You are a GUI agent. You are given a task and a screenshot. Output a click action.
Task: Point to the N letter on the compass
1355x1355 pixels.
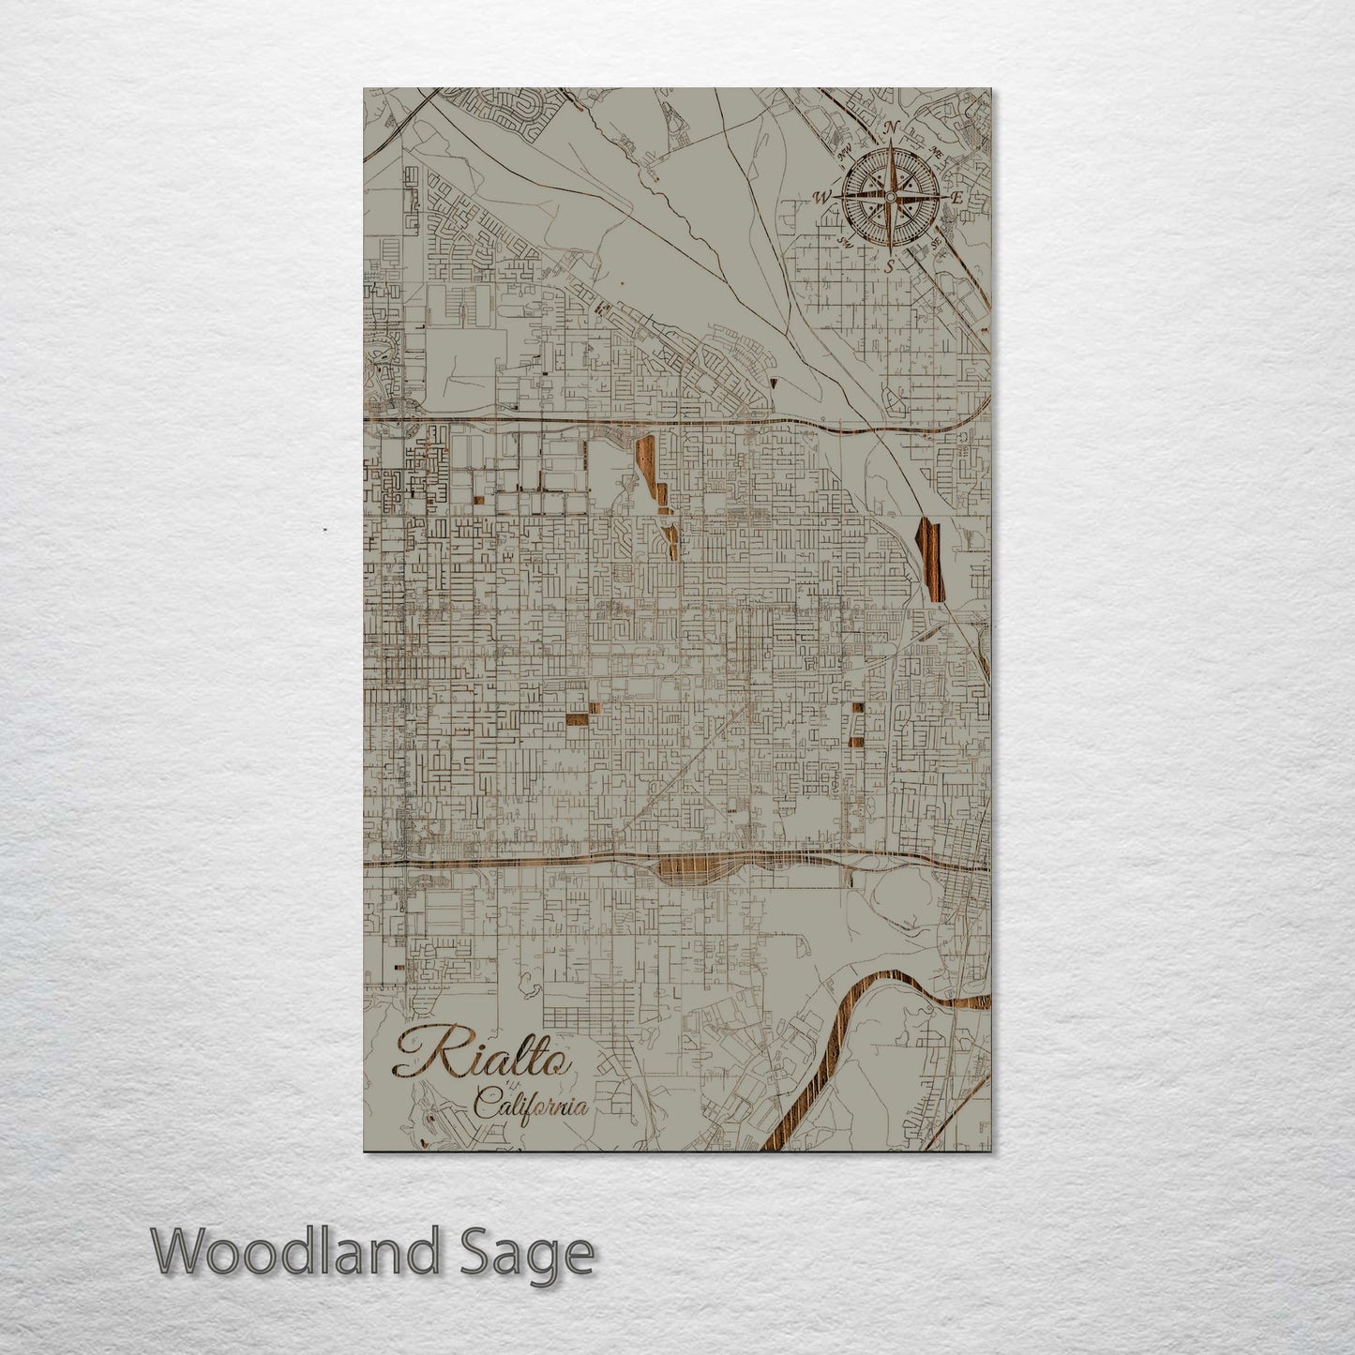894,128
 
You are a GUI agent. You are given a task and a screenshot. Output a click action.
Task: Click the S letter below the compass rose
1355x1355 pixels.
889,265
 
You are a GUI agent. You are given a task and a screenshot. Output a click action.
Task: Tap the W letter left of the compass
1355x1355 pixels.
823,197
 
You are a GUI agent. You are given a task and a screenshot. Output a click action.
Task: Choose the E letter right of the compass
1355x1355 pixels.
956,198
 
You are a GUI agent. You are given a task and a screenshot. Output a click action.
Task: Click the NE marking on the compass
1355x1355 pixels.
934,150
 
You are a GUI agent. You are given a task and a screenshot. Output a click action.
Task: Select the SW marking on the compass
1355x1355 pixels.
845,242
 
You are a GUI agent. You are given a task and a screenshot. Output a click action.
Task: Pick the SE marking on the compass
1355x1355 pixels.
935,243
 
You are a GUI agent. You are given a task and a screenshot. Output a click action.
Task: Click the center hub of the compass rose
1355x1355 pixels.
889,196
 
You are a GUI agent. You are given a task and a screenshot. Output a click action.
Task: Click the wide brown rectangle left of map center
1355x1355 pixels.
576,720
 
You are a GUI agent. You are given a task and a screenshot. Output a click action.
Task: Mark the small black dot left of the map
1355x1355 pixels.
324,531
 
